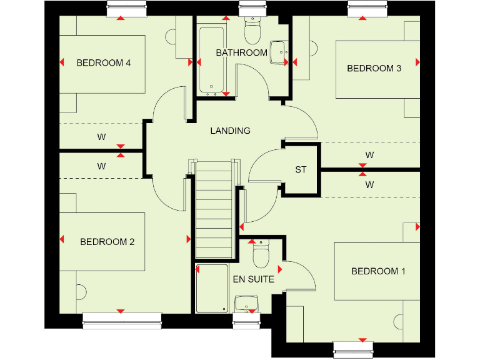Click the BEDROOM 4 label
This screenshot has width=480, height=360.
click(103, 63)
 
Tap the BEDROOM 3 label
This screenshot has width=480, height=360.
click(374, 69)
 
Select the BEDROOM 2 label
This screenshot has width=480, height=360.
click(107, 242)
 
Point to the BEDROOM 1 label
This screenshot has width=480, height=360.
click(378, 271)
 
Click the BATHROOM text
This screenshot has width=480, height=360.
click(241, 53)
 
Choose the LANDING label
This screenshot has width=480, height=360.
click(230, 131)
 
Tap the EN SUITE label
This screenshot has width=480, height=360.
click(253, 279)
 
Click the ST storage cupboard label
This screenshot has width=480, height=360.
click(301, 169)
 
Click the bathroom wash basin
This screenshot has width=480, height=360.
click(277, 52)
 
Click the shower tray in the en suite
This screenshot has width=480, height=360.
click(212, 288)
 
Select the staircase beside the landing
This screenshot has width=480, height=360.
click(214, 209)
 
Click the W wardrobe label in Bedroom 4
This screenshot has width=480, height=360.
click(101, 136)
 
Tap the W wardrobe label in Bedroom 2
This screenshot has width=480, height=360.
click(101, 166)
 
